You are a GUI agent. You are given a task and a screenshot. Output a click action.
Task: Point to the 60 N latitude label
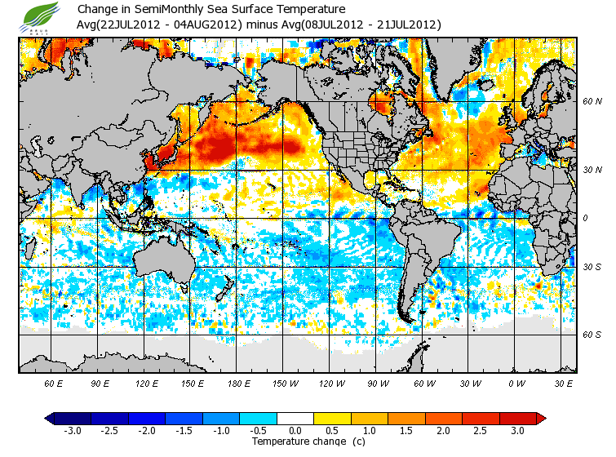click(x=592, y=102)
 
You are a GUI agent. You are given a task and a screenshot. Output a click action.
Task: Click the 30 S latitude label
click(x=592, y=267)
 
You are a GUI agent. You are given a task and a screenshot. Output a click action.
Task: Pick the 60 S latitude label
click(x=592, y=334)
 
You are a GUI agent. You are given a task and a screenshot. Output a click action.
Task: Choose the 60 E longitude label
click(x=53, y=383)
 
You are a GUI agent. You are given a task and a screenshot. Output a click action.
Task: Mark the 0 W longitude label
click(x=516, y=383)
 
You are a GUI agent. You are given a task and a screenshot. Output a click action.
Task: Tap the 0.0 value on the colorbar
click(x=295, y=431)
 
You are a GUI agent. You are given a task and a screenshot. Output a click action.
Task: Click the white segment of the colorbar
click(x=295, y=419)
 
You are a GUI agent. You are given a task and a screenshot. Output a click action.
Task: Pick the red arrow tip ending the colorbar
click(x=541, y=419)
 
